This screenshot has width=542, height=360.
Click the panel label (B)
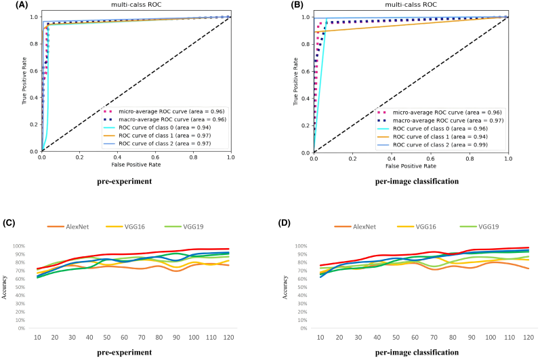click(x=285, y=5)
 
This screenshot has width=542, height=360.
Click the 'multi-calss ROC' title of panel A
click(x=136, y=5)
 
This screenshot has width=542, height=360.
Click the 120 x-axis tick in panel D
click(x=527, y=337)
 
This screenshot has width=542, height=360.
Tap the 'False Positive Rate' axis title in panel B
click(x=411, y=166)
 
